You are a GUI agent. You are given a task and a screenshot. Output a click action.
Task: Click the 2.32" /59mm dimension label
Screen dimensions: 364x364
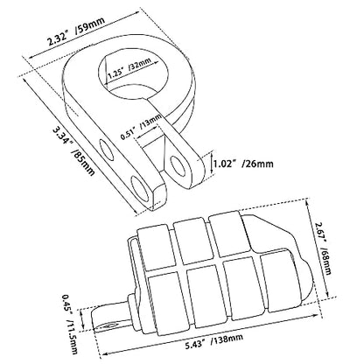[76, 33]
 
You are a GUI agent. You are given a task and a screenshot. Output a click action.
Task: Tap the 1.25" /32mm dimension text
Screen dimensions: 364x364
[129, 67]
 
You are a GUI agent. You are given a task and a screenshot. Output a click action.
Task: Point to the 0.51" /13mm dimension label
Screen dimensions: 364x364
[142, 126]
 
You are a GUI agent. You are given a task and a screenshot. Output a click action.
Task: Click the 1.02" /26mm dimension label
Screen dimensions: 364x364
[243, 164]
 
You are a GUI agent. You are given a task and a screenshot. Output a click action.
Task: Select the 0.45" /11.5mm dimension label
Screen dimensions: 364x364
[69, 324]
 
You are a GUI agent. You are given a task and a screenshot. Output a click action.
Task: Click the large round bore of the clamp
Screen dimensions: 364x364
[133, 72]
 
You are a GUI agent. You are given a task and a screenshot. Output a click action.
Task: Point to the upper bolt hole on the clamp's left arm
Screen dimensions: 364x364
[107, 150]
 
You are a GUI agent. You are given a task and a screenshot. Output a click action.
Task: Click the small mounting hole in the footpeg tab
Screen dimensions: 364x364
[110, 325]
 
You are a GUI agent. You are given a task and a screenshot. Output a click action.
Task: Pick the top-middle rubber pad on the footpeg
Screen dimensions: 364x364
[192, 242]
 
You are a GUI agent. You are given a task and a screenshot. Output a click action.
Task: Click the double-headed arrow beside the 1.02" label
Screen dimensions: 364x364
[211, 164]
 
